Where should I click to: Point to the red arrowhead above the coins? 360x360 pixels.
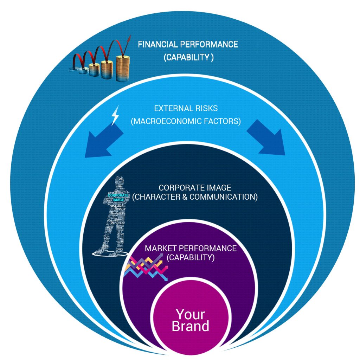[x=128, y=39]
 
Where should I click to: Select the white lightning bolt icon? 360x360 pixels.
[x=115, y=117]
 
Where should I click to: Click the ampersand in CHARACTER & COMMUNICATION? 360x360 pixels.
[x=184, y=197]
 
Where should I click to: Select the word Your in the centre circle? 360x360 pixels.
[x=190, y=314]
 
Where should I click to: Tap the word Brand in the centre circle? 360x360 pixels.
[x=190, y=326]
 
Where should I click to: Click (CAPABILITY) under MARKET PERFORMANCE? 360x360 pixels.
[x=190, y=257]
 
